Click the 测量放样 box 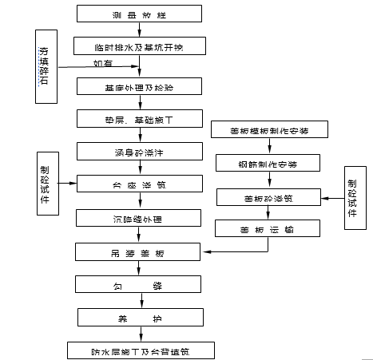click(x=141, y=14)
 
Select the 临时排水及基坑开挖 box click(x=141, y=46)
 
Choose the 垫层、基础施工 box click(x=141, y=118)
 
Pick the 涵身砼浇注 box click(x=141, y=150)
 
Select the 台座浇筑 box click(x=141, y=184)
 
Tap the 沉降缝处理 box click(x=141, y=217)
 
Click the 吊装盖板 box click(x=141, y=251)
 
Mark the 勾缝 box click(x=141, y=284)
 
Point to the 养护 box click(x=141, y=318)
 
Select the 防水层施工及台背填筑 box click(x=141, y=350)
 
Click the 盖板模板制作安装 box click(x=267, y=129)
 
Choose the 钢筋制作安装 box click(x=267, y=163)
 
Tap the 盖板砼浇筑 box click(x=267, y=196)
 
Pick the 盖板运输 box click(x=267, y=229)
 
